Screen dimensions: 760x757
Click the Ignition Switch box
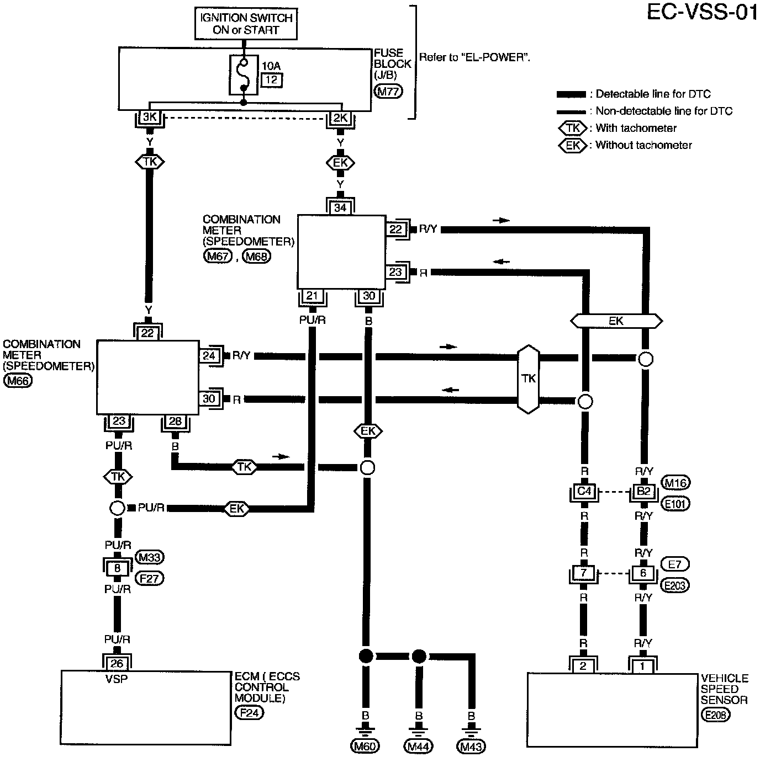click(x=246, y=24)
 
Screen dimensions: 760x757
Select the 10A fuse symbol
click(x=244, y=75)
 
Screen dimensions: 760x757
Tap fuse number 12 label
click(x=272, y=80)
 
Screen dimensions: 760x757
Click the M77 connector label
click(x=388, y=92)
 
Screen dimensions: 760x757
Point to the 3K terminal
click(x=150, y=117)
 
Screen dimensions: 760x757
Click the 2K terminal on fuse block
click(x=340, y=118)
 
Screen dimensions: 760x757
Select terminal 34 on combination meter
click(x=340, y=207)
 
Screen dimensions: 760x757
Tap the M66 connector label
click(x=18, y=381)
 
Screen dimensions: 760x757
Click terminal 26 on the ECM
click(x=117, y=664)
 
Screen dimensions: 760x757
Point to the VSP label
click(x=117, y=679)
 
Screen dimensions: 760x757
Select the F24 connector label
click(x=249, y=712)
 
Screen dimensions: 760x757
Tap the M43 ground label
click(x=471, y=746)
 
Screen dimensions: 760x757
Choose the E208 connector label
click(x=716, y=715)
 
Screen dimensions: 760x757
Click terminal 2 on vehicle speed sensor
click(x=583, y=667)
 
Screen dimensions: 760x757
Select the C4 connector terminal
click(x=584, y=491)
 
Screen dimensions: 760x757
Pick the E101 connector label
click(x=675, y=504)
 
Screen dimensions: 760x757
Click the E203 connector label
click(x=675, y=585)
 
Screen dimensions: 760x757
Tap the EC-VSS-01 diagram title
click(x=702, y=13)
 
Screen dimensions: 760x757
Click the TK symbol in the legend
click(x=573, y=128)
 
